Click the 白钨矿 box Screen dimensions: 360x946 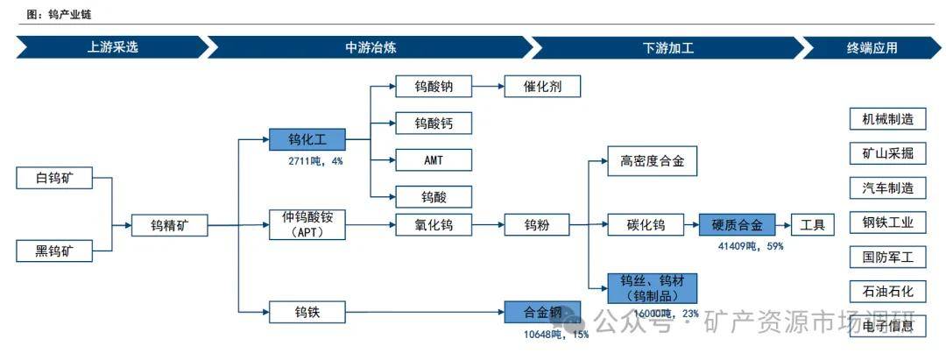[x=55, y=179]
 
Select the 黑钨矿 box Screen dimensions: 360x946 [x=55, y=252]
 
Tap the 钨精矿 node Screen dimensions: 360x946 [x=169, y=226]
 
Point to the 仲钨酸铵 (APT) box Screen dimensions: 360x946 [x=307, y=225]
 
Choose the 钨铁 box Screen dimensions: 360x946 [x=307, y=311]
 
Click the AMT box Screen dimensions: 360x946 [x=433, y=159]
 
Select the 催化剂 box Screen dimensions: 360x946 [x=542, y=87]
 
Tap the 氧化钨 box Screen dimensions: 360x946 [x=433, y=225]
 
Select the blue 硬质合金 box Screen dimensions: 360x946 [x=738, y=225]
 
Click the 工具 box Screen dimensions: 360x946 [x=812, y=225]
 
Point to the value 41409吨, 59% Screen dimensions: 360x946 [x=750, y=247]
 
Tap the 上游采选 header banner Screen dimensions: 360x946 [x=112, y=48]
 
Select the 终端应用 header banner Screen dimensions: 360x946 [x=872, y=48]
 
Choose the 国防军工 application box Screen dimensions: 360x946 [x=887, y=257]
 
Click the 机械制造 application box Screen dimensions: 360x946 [x=887, y=119]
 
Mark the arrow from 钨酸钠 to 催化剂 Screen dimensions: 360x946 [x=489, y=87]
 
